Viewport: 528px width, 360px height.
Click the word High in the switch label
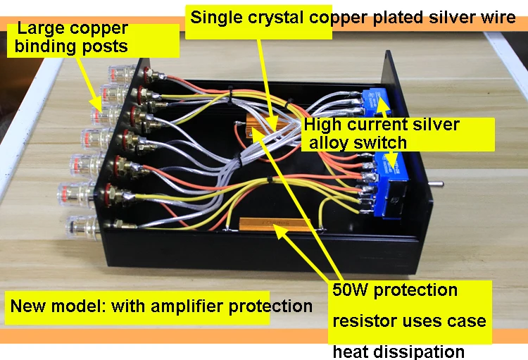tap(323, 125)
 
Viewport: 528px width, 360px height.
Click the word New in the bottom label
tap(27, 306)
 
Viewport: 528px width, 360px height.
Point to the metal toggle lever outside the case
tap(439, 185)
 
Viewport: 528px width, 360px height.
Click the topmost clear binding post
tap(118, 73)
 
